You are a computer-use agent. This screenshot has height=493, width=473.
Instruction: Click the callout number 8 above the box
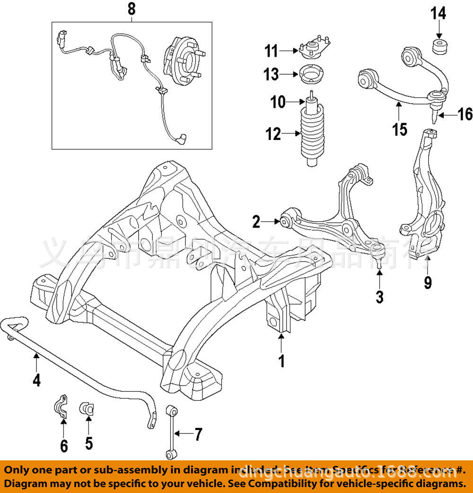click(x=131, y=8)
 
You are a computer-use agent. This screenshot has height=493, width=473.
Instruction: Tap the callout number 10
click(x=279, y=101)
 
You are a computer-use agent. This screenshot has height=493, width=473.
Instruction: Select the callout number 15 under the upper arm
click(x=400, y=128)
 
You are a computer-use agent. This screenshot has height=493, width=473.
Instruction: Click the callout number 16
click(x=464, y=114)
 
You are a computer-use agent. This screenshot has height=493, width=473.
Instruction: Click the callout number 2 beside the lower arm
click(x=256, y=221)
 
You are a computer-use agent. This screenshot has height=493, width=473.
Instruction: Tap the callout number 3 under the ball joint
click(x=379, y=297)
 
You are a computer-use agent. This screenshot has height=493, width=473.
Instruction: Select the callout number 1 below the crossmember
click(x=281, y=361)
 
